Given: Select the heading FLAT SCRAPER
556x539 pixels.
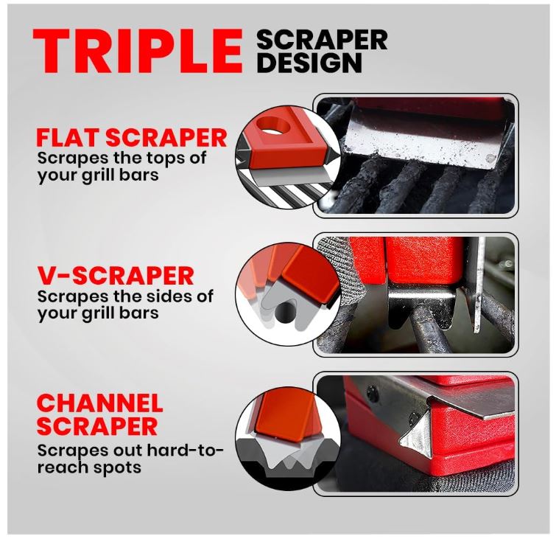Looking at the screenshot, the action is click(x=132, y=138).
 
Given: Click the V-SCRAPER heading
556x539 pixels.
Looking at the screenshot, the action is click(x=116, y=276).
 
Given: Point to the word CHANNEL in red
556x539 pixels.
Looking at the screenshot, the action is click(x=99, y=403).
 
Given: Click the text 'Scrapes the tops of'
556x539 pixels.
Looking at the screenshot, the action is click(x=122, y=158).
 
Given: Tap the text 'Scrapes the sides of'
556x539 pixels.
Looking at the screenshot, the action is click(x=125, y=296).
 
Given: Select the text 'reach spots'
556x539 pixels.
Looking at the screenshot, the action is click(x=89, y=467).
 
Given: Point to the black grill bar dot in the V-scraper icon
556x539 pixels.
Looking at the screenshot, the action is click(x=286, y=313).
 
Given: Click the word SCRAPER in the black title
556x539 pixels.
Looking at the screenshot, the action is click(x=322, y=40).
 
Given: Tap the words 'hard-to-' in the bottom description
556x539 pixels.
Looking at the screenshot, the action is click(x=185, y=451).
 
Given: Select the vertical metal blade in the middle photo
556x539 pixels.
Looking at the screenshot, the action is click(x=479, y=284).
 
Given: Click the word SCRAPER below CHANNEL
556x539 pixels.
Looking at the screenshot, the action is click(x=97, y=426).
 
